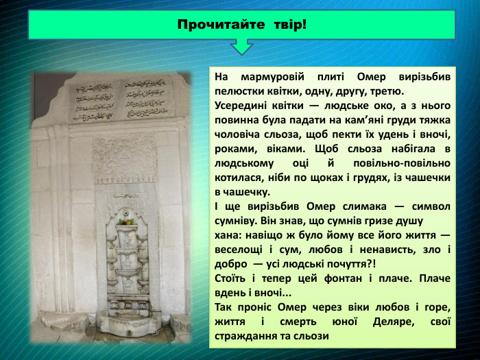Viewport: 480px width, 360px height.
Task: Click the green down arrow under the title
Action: click(241, 47)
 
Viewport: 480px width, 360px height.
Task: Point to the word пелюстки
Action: click(241, 91)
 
